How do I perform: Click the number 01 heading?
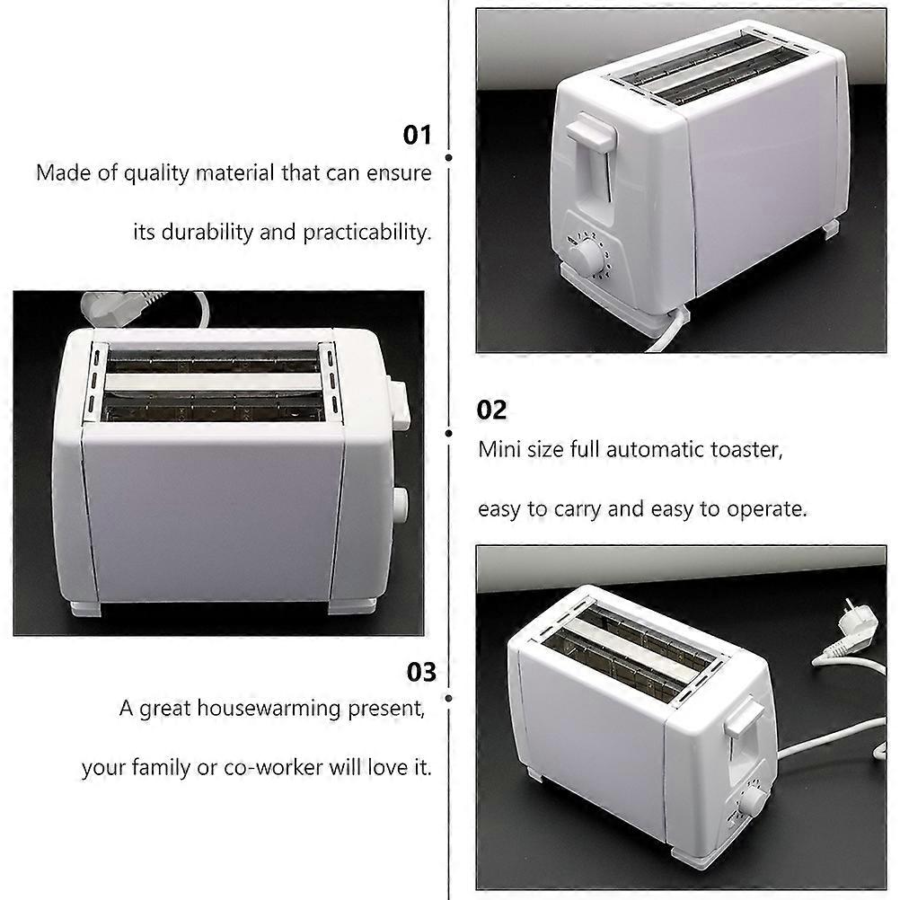coord(417,136)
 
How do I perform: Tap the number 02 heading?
coord(491,410)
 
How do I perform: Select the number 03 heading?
coord(420,673)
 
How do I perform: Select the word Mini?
coord(499,449)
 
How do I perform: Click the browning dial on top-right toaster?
coord(587,258)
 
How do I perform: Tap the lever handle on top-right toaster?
coord(591,135)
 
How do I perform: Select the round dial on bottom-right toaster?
coord(752,800)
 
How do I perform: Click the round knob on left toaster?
coord(400,505)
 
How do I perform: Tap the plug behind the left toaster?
coord(103,308)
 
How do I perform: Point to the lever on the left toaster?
coord(399,404)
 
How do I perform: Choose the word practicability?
coord(366,232)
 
